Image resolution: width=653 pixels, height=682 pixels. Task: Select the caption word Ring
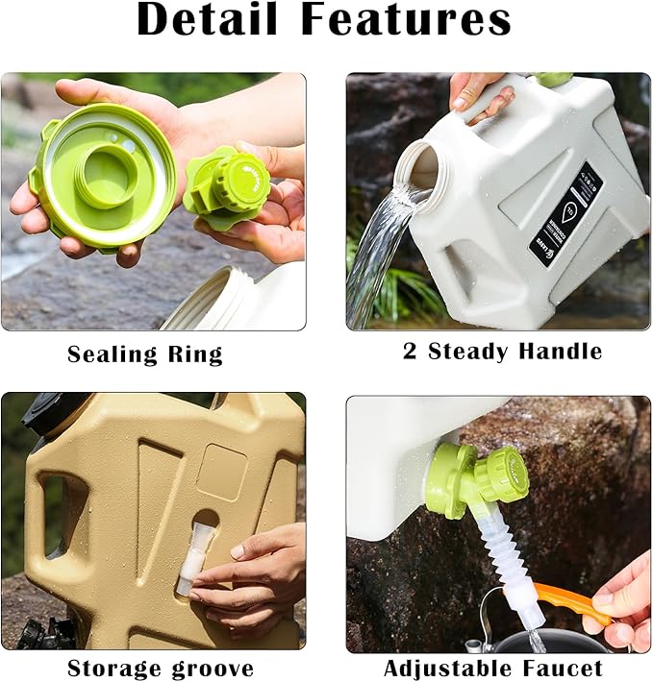tap(197, 354)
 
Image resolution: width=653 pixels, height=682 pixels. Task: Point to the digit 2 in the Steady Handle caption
tap(411, 352)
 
